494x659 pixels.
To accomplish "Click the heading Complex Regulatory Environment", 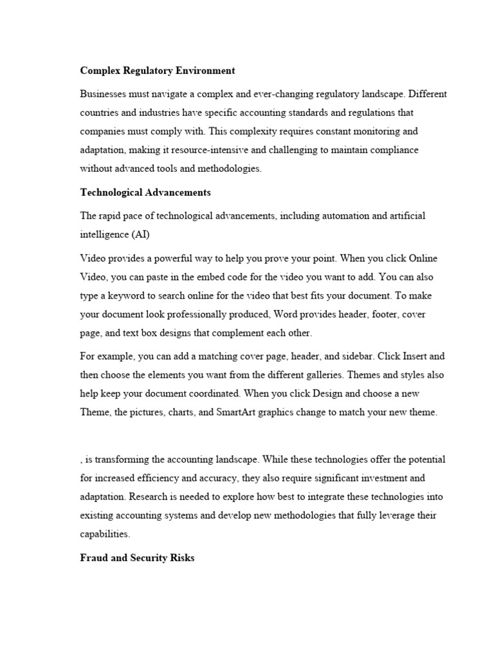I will pyautogui.click(x=157, y=70).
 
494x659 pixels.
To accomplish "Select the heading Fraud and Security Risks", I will pyautogui.click(x=137, y=558).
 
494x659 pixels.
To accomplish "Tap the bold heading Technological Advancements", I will pyautogui.click(x=145, y=192).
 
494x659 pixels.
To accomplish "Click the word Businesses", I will pyautogui.click(x=104, y=94).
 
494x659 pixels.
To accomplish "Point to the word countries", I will pyautogui.click(x=100, y=113).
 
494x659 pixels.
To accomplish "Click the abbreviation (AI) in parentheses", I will pyautogui.click(x=141, y=234).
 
